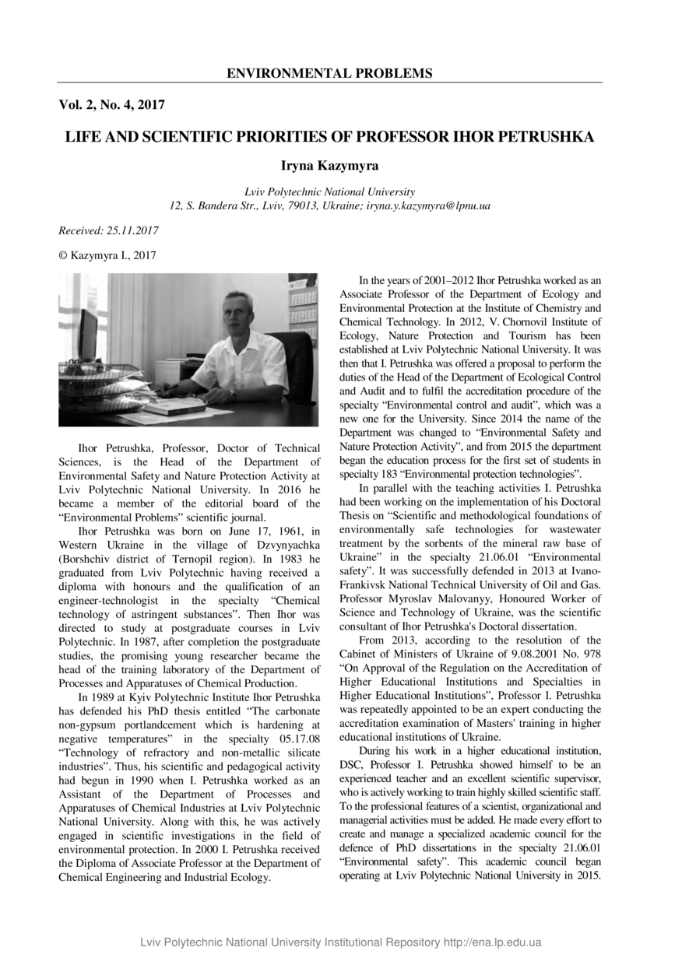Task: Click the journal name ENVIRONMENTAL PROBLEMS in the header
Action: pyautogui.click(x=329, y=74)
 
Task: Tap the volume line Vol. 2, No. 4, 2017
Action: pyautogui.click(x=111, y=104)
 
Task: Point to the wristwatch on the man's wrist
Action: pyautogui.click(x=232, y=393)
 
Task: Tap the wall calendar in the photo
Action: pyautogui.click(x=303, y=307)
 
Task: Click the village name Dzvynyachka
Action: pyautogui.click(x=284, y=544)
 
